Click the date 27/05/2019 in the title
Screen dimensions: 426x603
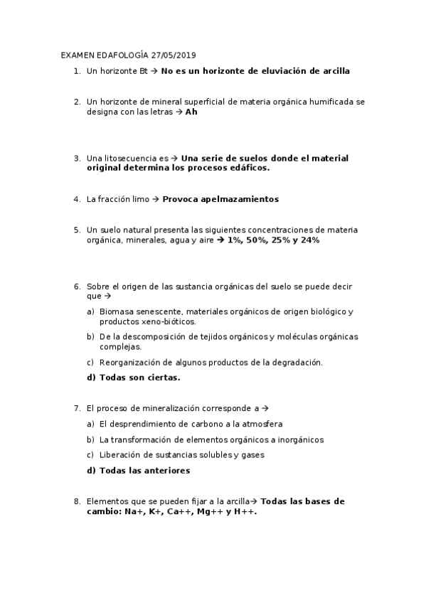(x=174, y=55)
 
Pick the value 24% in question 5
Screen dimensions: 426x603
(x=309, y=240)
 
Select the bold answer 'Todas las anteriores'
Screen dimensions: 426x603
(x=138, y=470)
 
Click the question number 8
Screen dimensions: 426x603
(x=76, y=501)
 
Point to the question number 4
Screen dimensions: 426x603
(x=76, y=199)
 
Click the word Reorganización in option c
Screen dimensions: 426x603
(x=131, y=362)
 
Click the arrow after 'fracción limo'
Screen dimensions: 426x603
(x=155, y=199)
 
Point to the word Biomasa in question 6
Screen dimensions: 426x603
(x=116, y=311)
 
